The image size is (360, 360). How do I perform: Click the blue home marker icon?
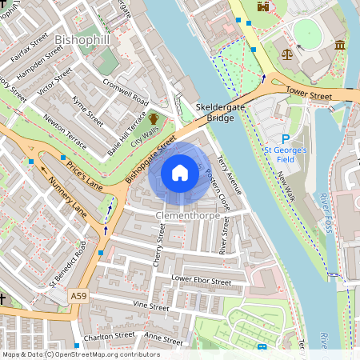click(180, 173)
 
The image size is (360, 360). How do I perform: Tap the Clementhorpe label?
click(188, 215)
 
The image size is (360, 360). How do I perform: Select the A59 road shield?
click(78, 295)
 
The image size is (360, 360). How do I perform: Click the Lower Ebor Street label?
click(202, 281)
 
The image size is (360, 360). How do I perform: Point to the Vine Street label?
click(151, 306)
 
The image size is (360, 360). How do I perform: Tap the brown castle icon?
click(261, 7)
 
